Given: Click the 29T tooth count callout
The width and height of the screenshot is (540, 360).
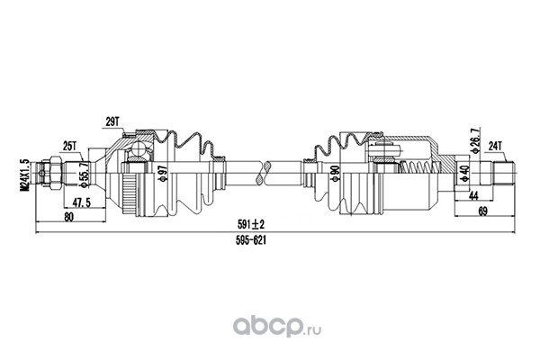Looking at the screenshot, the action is (112, 121).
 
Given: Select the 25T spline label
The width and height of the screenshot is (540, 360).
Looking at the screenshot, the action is (69, 146).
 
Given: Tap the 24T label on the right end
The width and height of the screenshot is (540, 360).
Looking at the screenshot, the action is (496, 146).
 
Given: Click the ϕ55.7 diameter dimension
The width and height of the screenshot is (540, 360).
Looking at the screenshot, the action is (84, 175).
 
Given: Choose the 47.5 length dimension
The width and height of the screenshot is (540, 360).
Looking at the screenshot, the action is (81, 202).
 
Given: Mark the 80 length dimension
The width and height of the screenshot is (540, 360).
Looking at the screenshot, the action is (69, 217).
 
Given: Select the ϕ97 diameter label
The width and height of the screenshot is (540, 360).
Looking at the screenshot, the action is (163, 173).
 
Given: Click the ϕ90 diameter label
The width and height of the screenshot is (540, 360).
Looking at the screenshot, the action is (336, 173).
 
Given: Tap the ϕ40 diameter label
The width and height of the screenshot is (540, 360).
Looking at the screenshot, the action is (465, 174).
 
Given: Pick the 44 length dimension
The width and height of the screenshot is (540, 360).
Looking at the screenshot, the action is (474, 195).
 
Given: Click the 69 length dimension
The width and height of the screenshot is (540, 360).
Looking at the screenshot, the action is (482, 212).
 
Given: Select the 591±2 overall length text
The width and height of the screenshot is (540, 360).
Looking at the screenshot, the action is (251, 225).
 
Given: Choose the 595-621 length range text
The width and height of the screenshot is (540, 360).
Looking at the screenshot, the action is (251, 240).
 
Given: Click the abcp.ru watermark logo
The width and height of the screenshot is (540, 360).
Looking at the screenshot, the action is (277, 326).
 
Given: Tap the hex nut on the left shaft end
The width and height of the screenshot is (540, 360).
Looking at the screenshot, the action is (55, 173).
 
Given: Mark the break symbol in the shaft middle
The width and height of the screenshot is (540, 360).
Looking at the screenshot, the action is (264, 173).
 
